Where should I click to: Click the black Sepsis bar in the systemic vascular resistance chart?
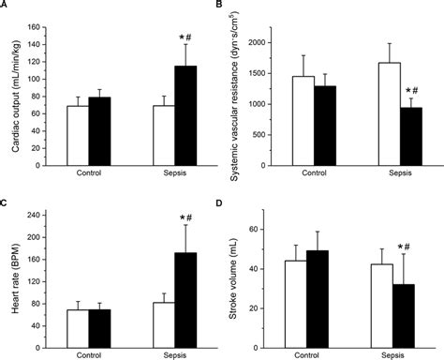410,135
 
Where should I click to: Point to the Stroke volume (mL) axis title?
242,277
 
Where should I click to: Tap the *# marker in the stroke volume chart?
411,247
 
